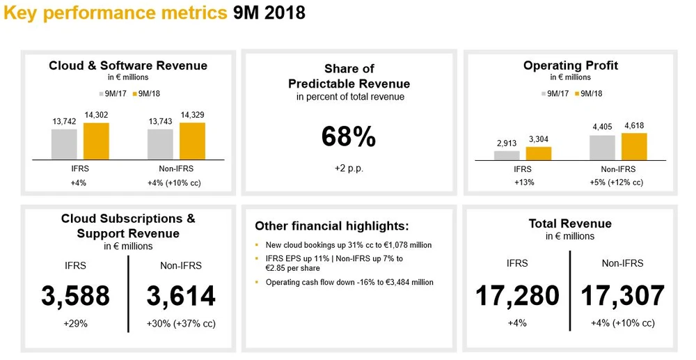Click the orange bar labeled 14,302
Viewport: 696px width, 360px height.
(96, 141)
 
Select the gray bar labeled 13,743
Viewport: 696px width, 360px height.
(160, 144)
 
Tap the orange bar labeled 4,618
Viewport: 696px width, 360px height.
(633, 147)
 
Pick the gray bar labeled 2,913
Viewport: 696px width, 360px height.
(507, 156)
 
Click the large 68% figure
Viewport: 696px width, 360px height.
(349, 137)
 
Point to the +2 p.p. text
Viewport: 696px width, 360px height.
(349, 169)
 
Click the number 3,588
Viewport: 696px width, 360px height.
(75, 296)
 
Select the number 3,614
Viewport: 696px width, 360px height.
(181, 296)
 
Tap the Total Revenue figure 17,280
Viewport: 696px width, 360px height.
(517, 296)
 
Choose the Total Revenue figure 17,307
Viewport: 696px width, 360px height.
(623, 296)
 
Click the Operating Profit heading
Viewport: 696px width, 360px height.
(571, 66)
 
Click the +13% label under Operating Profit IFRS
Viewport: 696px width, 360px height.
(522, 182)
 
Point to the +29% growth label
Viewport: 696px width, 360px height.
(75, 324)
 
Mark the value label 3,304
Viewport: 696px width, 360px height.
(538, 139)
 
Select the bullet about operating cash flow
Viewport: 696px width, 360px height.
(349, 282)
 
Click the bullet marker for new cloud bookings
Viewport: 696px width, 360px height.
(258, 246)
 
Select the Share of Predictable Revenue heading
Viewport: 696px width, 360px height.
(349, 76)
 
